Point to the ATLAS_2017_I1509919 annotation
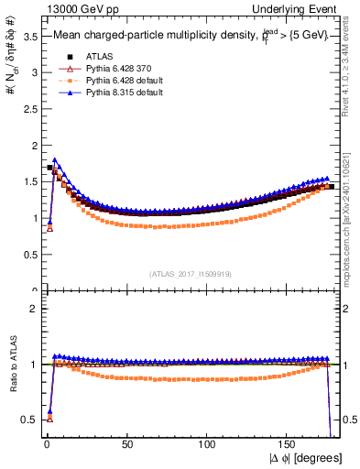point(191,273)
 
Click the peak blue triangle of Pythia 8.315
point(56,160)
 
